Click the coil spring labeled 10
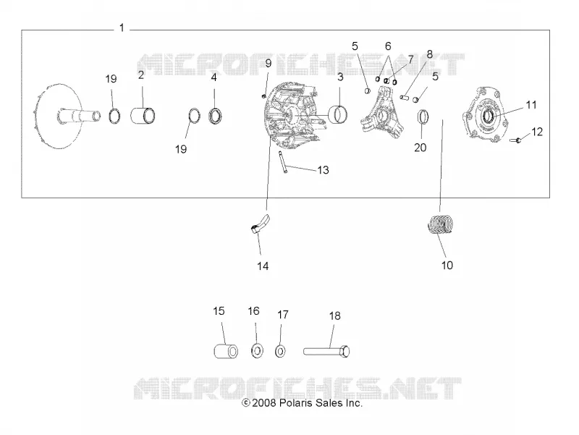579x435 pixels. tap(440, 224)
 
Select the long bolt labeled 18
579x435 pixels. tap(326, 351)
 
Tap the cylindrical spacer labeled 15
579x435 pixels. tap(226, 351)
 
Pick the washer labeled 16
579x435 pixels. tap(256, 350)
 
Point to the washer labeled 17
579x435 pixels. tap(280, 351)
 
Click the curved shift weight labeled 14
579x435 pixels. tap(261, 224)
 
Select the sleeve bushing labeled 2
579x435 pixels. tap(143, 115)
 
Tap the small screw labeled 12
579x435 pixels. tap(515, 140)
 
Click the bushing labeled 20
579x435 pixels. tap(423, 117)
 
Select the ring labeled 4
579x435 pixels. tap(216, 116)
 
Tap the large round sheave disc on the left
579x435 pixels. tap(59, 117)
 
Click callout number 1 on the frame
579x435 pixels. tap(122, 28)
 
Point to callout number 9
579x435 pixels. tap(269, 63)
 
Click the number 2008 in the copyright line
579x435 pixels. tap(263, 403)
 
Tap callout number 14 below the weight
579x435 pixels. tap(263, 266)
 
